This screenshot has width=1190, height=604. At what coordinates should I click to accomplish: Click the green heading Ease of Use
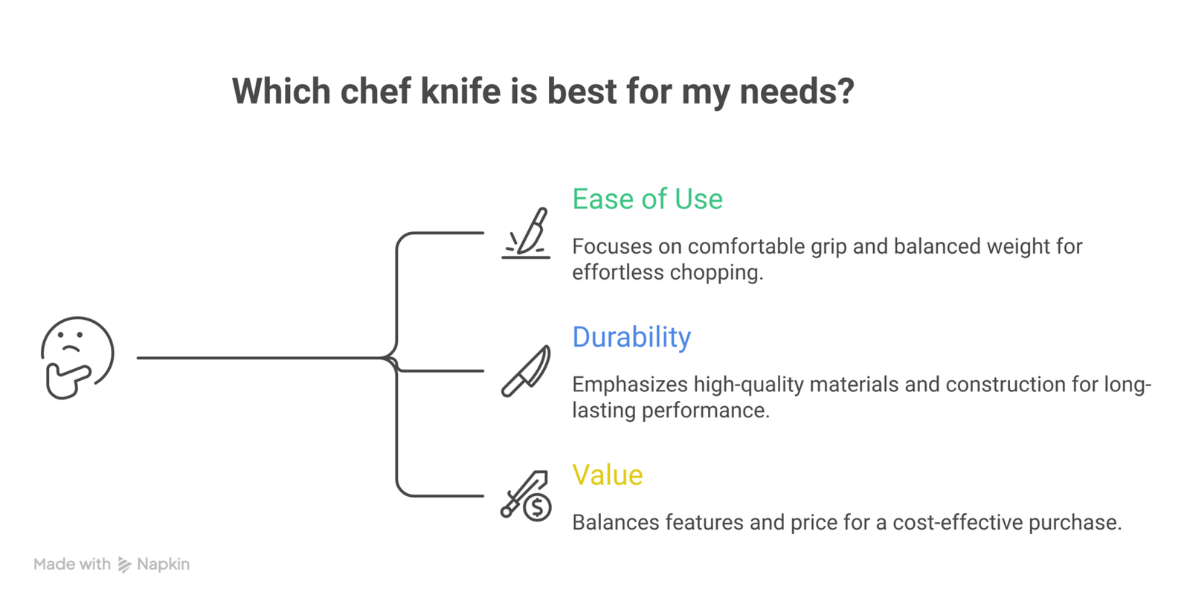point(647,199)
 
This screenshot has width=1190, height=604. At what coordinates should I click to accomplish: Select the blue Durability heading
point(631,337)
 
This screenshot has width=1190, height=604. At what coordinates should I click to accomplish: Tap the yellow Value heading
point(607,475)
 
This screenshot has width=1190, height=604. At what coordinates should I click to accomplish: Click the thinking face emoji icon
point(77,358)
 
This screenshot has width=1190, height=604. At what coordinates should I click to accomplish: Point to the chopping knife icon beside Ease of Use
point(526,234)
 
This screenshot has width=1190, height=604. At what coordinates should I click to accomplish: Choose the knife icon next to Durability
point(526,370)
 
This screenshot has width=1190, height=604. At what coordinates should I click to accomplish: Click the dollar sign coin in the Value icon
point(537,507)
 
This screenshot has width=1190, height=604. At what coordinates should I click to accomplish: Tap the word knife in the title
point(460,91)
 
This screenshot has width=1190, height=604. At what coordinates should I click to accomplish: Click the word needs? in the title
point(797,91)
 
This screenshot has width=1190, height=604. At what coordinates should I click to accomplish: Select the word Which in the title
point(282,91)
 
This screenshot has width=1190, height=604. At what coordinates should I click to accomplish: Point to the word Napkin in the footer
point(163,564)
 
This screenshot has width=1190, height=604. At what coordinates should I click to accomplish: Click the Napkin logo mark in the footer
point(124,565)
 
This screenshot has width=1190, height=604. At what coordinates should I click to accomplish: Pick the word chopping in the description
point(716,273)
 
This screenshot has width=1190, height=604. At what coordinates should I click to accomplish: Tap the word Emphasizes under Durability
point(629,385)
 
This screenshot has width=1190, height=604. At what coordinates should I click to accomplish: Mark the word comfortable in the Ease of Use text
point(747,246)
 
